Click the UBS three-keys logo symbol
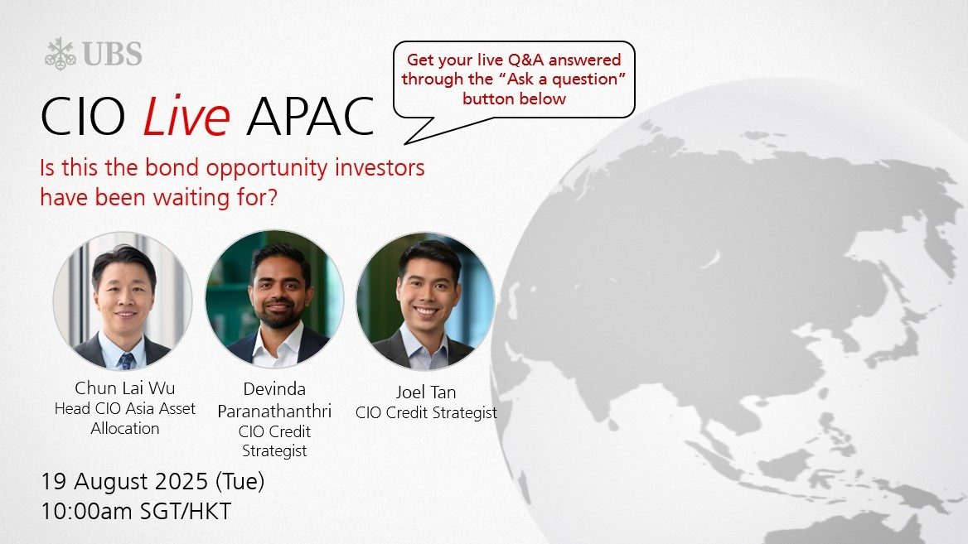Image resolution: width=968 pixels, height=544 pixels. click(x=60, y=54)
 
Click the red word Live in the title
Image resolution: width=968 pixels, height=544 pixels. click(x=186, y=115)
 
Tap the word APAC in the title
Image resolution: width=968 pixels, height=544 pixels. click(x=310, y=116)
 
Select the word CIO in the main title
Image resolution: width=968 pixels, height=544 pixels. click(x=83, y=116)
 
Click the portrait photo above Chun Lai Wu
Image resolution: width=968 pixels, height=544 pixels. click(x=123, y=301)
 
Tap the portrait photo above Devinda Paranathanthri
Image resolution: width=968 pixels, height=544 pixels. click(x=274, y=300)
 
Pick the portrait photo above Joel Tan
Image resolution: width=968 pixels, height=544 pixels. click(x=426, y=301)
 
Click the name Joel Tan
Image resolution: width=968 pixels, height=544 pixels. click(x=426, y=392)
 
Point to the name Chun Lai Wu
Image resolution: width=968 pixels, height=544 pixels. click(x=124, y=388)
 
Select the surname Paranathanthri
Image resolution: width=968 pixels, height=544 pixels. click(x=274, y=411)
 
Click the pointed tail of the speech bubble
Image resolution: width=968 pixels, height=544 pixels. click(x=405, y=144)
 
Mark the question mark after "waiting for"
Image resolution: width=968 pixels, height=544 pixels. click(x=272, y=197)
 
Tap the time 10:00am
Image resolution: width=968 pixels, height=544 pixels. click(x=87, y=512)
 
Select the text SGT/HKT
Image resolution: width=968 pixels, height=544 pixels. click(x=186, y=512)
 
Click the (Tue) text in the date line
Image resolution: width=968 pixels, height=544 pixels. click(x=240, y=481)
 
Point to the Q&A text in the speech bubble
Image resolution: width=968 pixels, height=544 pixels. click(x=525, y=60)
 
